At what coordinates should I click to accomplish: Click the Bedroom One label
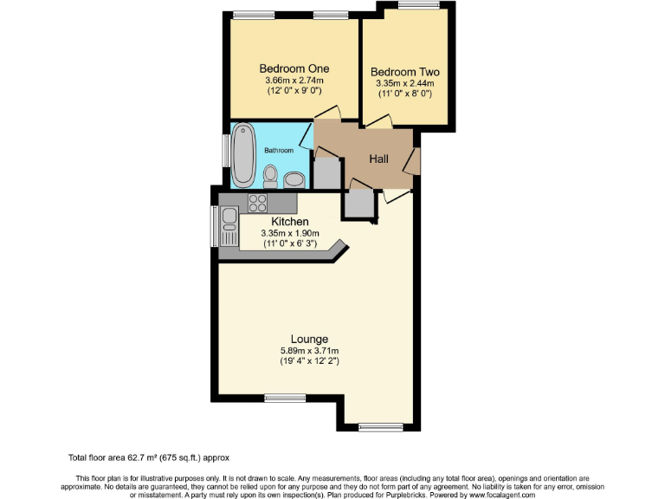tap(294, 68)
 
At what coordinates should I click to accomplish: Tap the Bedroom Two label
tap(404, 72)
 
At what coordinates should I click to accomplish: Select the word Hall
tap(379, 159)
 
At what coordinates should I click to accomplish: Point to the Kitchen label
tap(290, 222)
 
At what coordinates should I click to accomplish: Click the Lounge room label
tap(309, 339)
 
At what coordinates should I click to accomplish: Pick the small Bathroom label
tap(279, 150)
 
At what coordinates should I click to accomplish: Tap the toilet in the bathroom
tap(270, 177)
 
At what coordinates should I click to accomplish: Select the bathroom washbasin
tap(294, 179)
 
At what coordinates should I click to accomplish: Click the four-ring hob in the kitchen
tap(258, 203)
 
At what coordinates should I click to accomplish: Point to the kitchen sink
tap(229, 232)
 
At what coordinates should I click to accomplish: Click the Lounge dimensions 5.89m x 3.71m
tap(309, 350)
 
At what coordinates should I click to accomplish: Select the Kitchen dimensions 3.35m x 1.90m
tap(291, 233)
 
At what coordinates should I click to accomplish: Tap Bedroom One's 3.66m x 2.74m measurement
tap(294, 81)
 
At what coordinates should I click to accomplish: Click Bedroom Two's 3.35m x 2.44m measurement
tap(404, 83)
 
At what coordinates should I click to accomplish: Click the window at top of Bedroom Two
tap(418, 6)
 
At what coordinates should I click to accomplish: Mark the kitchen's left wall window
tap(215, 227)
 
